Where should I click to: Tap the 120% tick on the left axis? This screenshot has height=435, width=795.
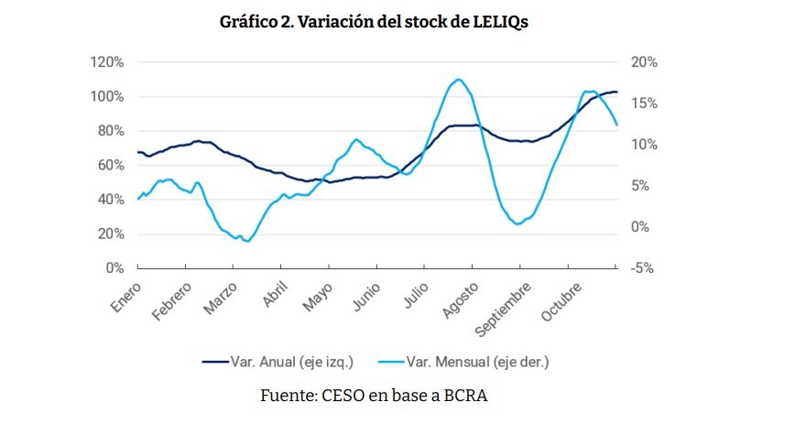coord(107,62)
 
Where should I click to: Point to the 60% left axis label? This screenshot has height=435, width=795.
coord(110,165)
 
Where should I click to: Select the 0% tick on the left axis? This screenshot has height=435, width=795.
coord(114,268)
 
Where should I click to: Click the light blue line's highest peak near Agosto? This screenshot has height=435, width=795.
coord(457,80)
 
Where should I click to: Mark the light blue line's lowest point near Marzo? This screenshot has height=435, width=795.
coord(247,241)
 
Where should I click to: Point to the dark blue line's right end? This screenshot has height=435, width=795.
coord(616,92)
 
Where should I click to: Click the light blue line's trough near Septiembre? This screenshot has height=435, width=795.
coord(518,223)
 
